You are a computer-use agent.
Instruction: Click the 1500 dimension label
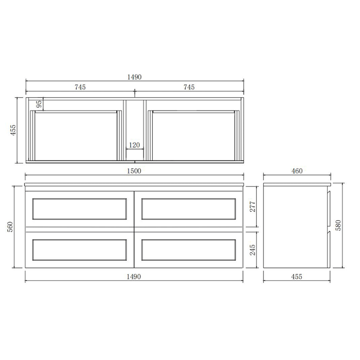[134, 171]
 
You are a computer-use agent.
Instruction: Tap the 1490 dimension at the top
[134, 77]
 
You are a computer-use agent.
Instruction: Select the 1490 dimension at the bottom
[134, 276]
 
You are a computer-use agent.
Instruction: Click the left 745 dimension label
[80, 87]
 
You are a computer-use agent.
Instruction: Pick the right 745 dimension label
[189, 87]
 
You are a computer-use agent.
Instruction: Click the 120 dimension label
[134, 145]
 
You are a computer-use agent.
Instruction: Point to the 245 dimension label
[252, 250]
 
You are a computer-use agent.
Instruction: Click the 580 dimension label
[337, 225]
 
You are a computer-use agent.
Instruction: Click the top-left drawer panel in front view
[80, 209]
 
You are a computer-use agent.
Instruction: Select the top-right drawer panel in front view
[189, 209]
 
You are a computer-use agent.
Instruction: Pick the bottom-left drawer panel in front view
[80, 249]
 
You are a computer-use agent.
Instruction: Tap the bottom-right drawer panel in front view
[189, 249]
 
